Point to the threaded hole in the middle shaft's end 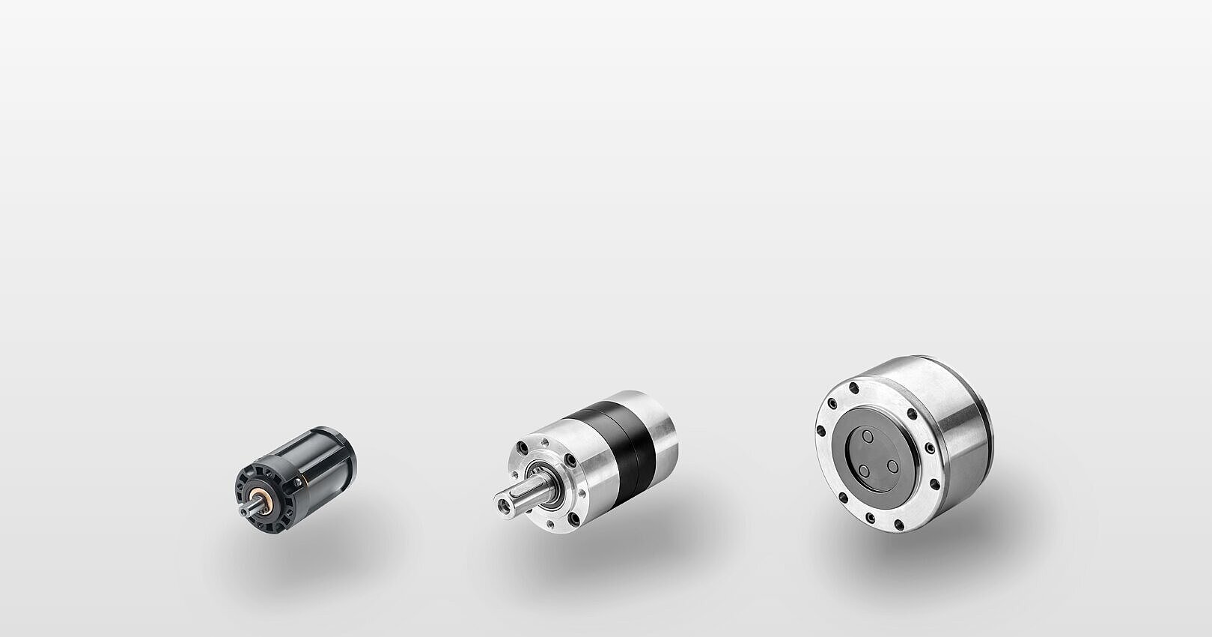point(499,500)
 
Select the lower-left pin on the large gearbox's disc point(864,471)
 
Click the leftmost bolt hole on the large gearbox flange point(820,430)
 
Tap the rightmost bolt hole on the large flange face point(929,448)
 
